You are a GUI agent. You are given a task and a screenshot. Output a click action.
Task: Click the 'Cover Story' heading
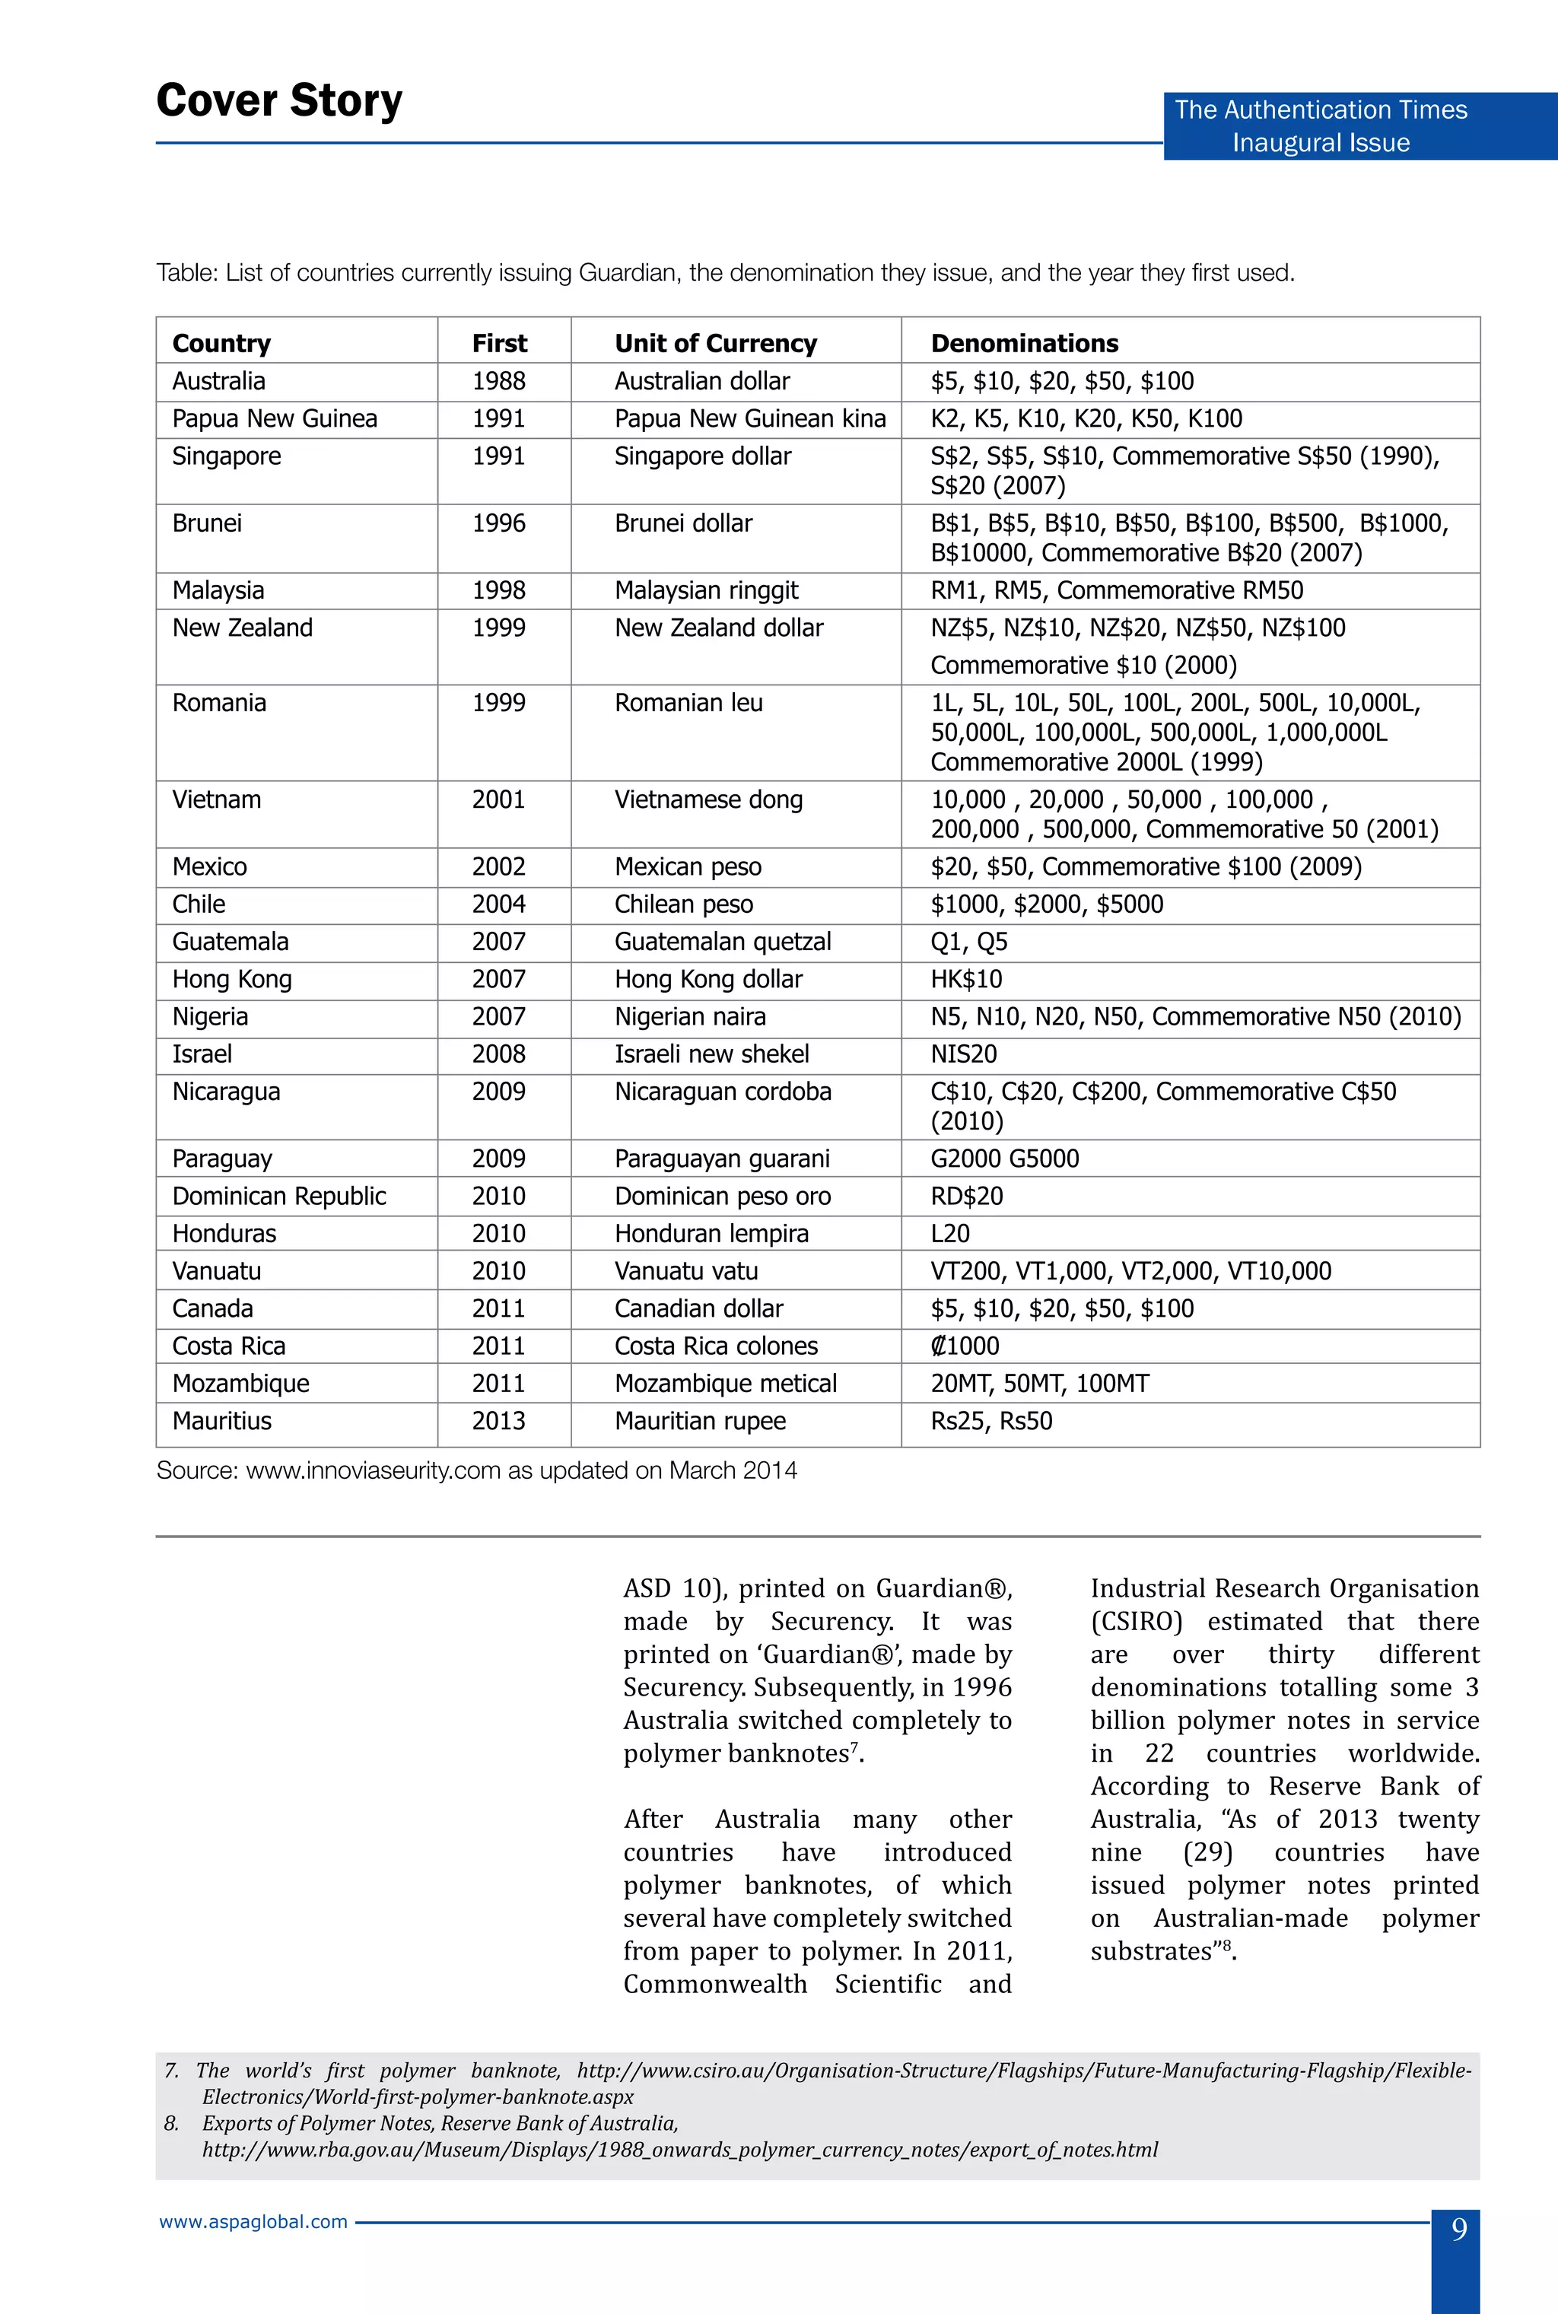click(x=279, y=100)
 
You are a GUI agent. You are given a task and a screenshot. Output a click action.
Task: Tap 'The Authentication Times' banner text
click(x=1320, y=110)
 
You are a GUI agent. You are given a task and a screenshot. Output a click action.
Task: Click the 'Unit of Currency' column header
click(x=714, y=344)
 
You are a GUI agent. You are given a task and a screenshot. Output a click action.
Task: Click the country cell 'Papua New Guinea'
click(x=274, y=419)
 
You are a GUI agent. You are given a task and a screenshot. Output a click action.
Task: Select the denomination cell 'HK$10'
click(x=966, y=980)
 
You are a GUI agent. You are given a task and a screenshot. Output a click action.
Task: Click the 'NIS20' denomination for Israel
click(x=963, y=1054)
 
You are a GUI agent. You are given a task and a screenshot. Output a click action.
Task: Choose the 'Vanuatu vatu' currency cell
click(x=685, y=1272)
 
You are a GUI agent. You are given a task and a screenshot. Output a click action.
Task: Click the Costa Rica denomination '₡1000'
click(x=964, y=1346)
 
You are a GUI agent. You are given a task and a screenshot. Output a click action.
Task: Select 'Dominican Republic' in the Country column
click(x=278, y=1197)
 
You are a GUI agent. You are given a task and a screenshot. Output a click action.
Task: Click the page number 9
click(x=1458, y=2230)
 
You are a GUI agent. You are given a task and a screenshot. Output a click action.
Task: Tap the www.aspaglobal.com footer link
click(x=253, y=2222)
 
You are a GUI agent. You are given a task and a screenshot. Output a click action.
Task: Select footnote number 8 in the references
click(x=171, y=2123)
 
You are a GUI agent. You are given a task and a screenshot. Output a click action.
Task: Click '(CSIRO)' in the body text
click(x=1136, y=1622)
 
